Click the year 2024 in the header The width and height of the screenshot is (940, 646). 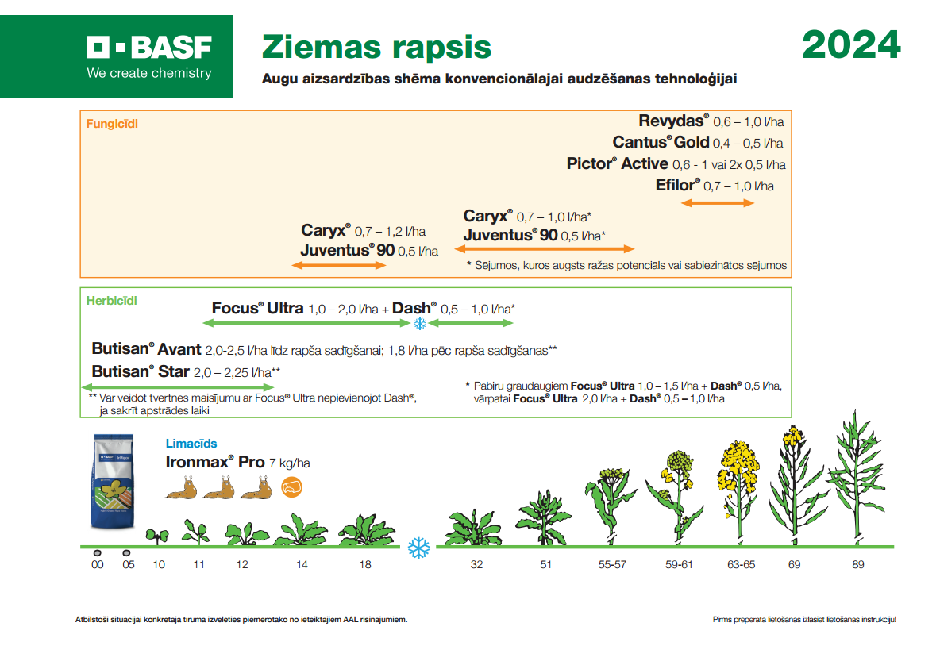pos(851,45)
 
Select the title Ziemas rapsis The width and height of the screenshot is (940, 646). pos(376,48)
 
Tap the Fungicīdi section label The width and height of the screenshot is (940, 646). pos(112,124)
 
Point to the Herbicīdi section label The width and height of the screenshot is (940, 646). pos(111,300)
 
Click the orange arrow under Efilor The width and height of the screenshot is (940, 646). pos(718,203)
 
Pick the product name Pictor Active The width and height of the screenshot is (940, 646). pos(618,163)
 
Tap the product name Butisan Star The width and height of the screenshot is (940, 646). pos(141,371)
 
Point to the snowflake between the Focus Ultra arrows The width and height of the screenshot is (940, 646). pos(420,324)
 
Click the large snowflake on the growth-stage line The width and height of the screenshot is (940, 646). pos(419,548)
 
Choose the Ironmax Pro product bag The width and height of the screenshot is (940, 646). pos(113,481)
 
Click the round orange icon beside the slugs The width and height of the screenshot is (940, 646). pos(291,487)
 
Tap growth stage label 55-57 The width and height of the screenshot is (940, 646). pos(612,564)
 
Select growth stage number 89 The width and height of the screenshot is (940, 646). pos(858,564)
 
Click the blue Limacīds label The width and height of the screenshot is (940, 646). pos(191,444)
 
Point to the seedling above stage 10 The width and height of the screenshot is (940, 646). pos(158,536)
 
